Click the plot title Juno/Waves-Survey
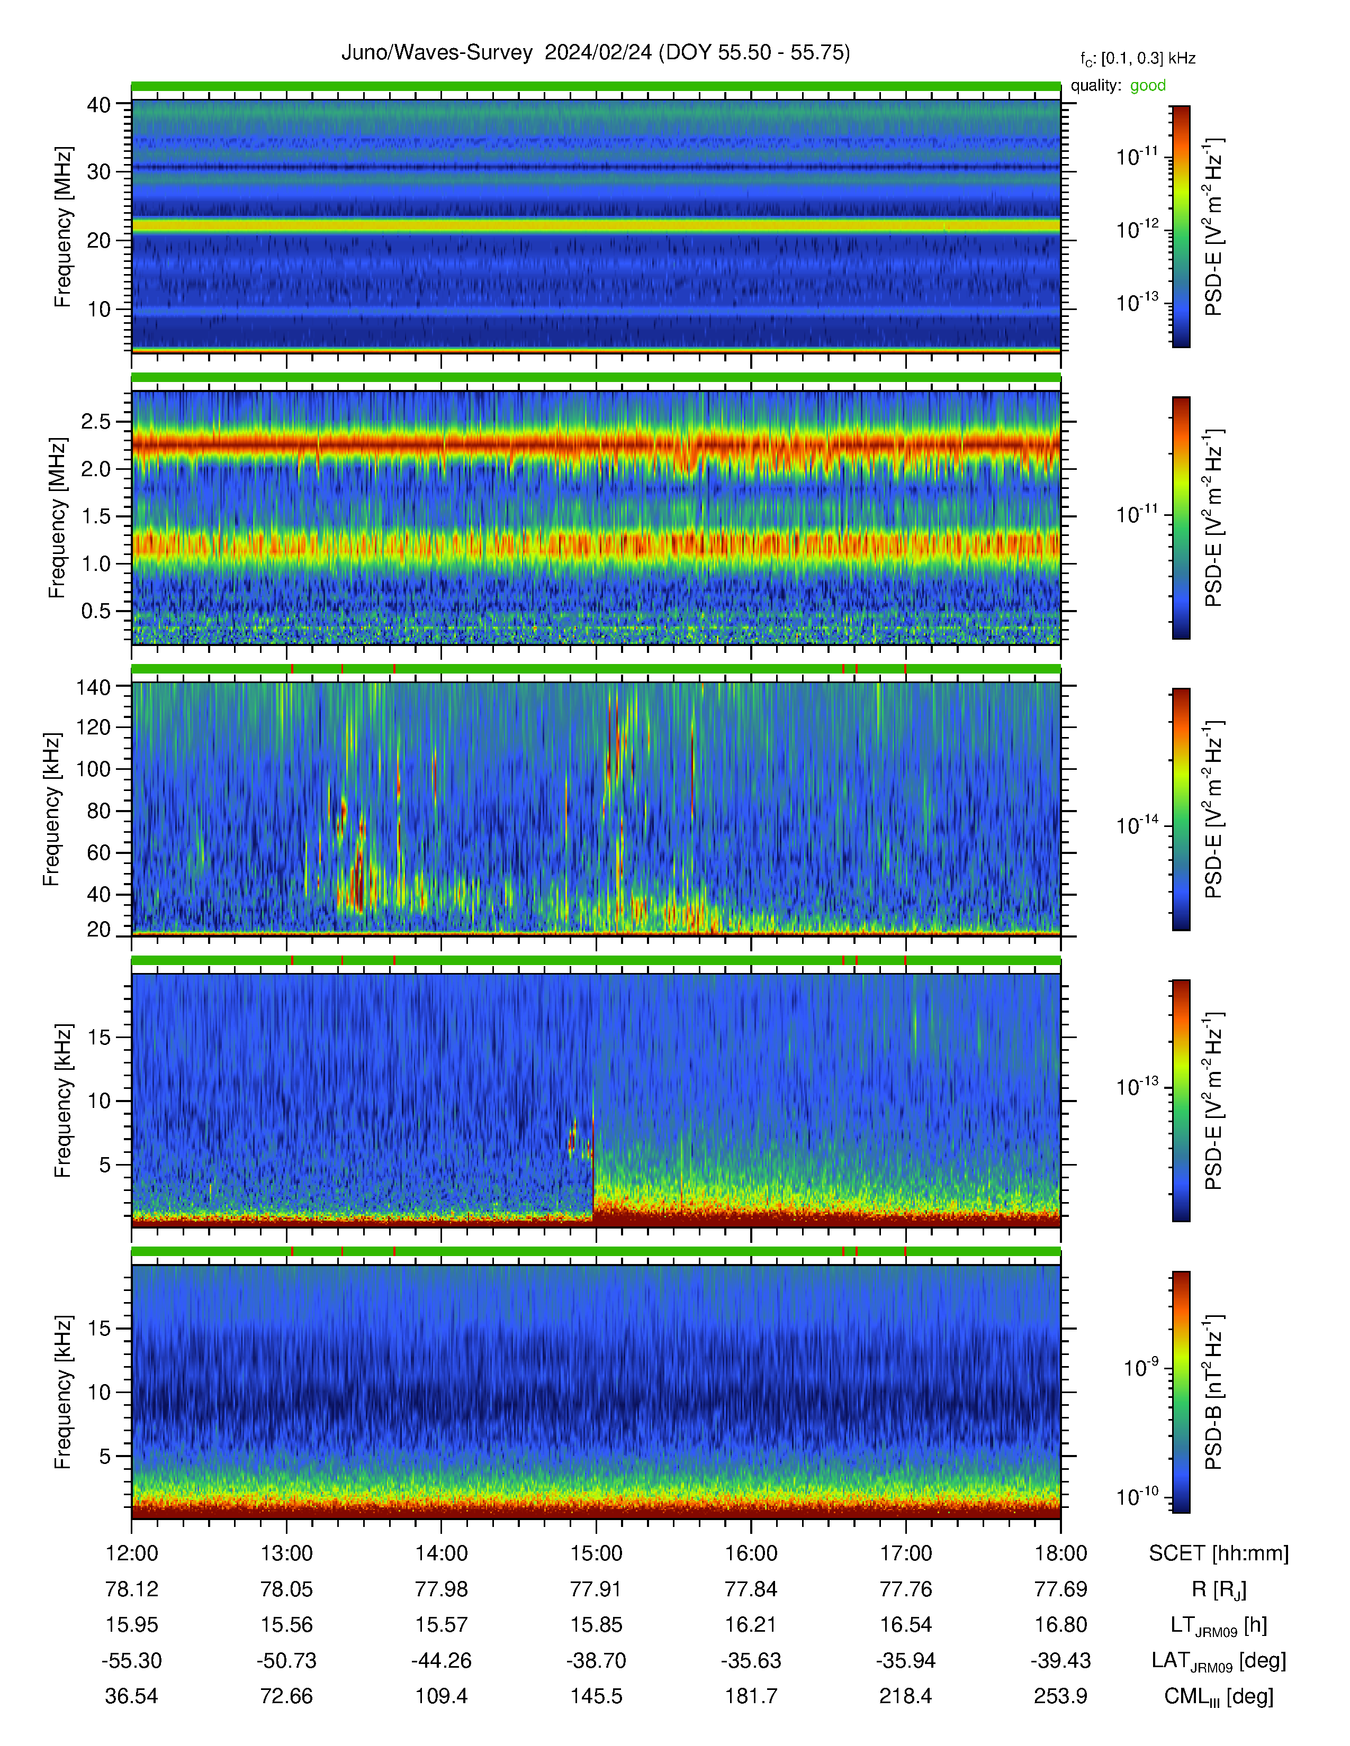click(437, 53)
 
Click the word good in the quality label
click(1148, 86)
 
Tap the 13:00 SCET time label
click(286, 1553)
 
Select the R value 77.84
click(751, 1589)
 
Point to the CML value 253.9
click(1060, 1696)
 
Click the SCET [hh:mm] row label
click(1219, 1553)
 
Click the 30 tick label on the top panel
click(98, 172)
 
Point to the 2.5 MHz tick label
click(96, 421)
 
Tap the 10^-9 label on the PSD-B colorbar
click(1140, 1367)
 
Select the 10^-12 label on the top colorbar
click(1137, 229)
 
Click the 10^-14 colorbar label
click(1137, 823)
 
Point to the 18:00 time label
click(1060, 1553)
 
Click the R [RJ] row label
click(1219, 1590)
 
